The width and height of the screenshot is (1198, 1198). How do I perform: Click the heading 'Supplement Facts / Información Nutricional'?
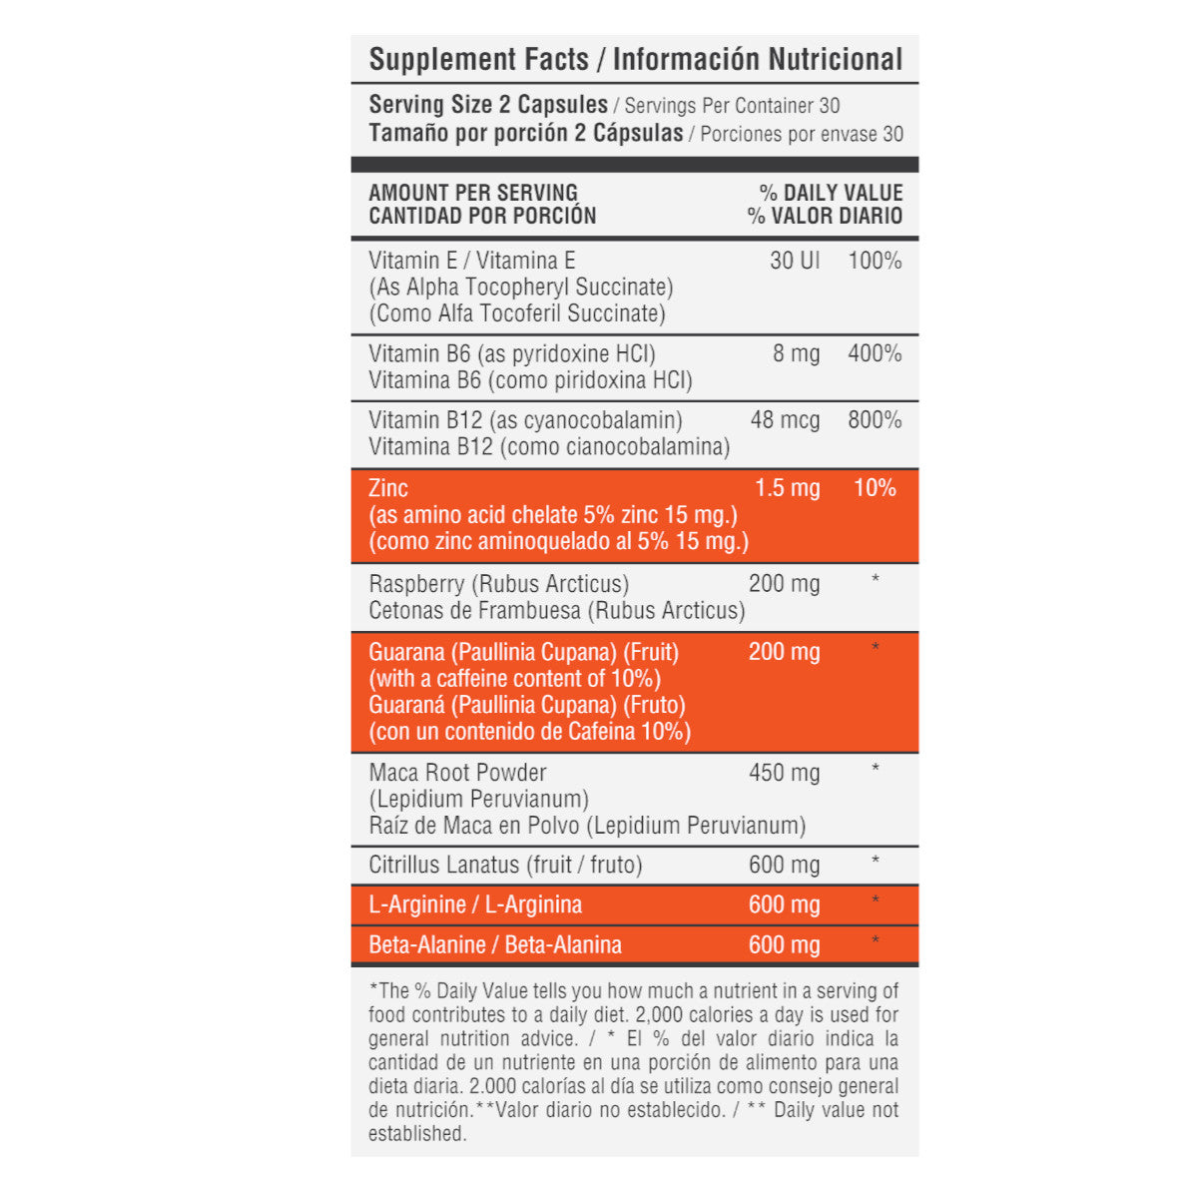635,60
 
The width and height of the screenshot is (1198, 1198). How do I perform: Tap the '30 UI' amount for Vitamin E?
795,261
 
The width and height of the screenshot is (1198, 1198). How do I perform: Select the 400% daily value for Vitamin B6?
875,353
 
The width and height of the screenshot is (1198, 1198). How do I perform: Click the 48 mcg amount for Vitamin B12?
785,420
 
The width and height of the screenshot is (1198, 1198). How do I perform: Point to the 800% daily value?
875,420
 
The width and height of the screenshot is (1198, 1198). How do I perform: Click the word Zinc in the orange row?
388,488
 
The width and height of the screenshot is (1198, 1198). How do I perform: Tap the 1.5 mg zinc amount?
787,488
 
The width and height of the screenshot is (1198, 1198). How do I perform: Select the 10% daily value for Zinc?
875,488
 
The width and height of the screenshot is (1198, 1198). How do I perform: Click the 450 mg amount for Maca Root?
784,773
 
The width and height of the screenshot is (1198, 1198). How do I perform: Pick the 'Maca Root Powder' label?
457,773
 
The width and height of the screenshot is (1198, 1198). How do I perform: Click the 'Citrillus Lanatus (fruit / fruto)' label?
505,865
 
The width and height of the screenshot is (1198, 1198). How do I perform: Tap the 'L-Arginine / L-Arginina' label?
475,904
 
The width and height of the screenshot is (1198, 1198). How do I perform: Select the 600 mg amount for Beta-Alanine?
784,944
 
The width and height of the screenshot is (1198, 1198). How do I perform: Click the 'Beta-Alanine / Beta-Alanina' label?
495,944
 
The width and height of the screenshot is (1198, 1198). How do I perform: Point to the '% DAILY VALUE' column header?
831,193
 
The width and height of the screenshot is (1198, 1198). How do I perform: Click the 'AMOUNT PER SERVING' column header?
473,193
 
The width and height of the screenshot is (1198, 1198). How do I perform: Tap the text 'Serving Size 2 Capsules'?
488,105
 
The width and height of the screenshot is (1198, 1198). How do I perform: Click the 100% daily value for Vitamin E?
875,261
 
